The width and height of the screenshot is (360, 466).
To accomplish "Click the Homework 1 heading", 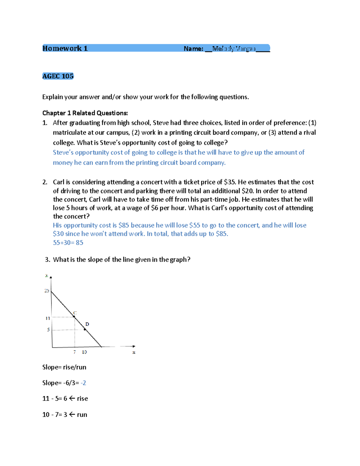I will pos(65,48).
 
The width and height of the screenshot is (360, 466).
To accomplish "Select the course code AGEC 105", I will pos(58,76).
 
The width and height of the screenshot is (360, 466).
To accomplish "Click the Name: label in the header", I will pos(193,49).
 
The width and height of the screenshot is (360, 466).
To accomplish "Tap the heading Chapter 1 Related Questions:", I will pos(85,113).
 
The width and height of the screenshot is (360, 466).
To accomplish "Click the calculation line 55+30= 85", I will pos(68,242).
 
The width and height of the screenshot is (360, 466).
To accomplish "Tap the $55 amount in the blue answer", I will pos(194,225).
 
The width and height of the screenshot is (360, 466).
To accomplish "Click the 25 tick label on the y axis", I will pos(47,290).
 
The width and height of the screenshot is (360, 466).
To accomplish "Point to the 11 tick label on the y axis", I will pos(47,318).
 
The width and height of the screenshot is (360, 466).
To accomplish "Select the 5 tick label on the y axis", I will pos(48,329).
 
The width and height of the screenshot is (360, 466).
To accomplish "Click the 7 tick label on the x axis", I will pos(74,352).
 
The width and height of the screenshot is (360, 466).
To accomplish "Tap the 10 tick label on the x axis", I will pos(84,352).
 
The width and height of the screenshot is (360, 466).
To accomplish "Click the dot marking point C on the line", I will pos(74,316).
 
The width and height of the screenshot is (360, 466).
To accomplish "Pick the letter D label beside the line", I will pos(87,324).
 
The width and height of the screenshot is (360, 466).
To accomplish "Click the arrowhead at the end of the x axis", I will pos(133,346).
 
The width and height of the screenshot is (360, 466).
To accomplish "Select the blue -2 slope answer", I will pos(83,383).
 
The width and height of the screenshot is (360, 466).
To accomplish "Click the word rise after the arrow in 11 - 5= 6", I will pos(82,398).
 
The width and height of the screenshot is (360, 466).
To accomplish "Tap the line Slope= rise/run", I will pos(64,367).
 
